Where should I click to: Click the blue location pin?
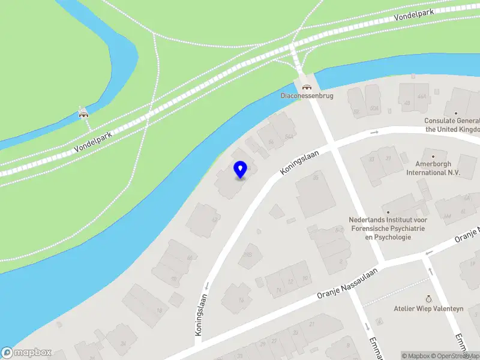[x=240, y=169]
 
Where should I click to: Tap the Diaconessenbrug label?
[x=307, y=95]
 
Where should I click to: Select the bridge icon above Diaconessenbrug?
[x=307, y=86]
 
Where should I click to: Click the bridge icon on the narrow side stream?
[x=83, y=113]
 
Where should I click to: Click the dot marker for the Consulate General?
[x=456, y=113]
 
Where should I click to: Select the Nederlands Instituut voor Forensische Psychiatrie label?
[x=388, y=228]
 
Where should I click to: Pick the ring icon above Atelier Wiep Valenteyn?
[x=428, y=298]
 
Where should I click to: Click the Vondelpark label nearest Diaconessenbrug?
[x=415, y=13]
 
